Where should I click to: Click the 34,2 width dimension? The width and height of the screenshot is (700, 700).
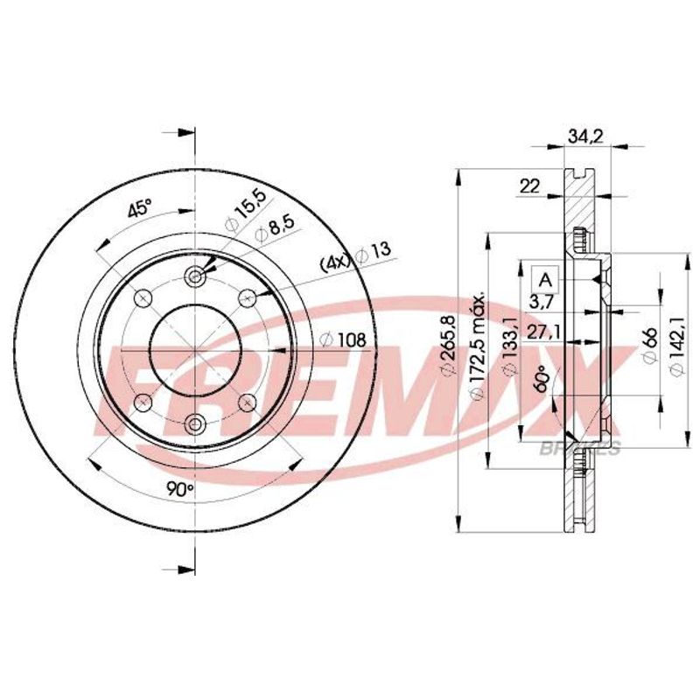click(x=585, y=136)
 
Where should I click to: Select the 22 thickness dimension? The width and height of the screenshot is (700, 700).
click(x=530, y=185)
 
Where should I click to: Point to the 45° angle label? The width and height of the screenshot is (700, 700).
click(x=140, y=209)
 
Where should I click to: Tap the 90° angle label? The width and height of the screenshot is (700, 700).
click(x=179, y=490)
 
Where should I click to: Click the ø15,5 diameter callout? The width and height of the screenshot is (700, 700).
click(x=245, y=210)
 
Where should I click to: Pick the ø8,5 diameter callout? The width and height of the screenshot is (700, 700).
click(x=275, y=229)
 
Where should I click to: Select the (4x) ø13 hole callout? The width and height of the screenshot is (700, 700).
click(x=355, y=258)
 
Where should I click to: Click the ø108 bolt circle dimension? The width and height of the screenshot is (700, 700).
click(x=343, y=340)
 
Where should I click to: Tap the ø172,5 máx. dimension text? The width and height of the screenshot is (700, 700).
click(x=479, y=346)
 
